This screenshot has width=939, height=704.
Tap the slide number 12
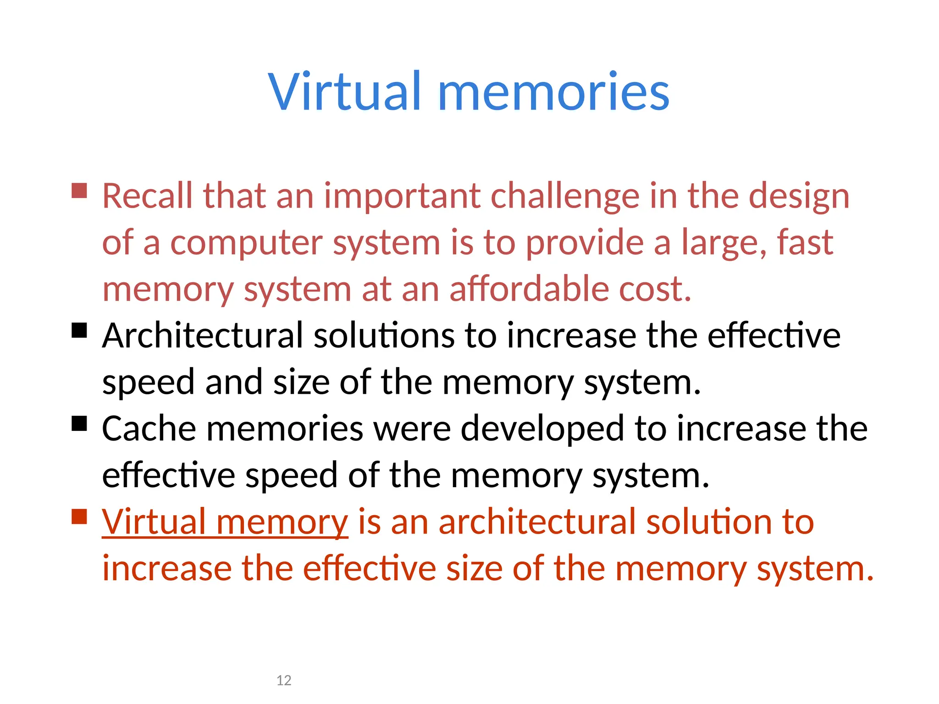tap(284, 680)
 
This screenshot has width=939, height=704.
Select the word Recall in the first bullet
tap(147, 196)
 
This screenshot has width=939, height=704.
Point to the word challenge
tap(564, 196)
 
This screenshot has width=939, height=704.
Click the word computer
tap(246, 242)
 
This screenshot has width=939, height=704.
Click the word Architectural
tap(203, 335)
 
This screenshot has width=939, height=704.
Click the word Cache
tap(149, 429)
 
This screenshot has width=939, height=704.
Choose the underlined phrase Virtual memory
tap(225, 522)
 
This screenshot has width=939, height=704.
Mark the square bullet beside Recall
tap(79, 191)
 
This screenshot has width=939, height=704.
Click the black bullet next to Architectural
tap(79, 330)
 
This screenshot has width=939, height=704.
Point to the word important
tap(402, 197)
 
